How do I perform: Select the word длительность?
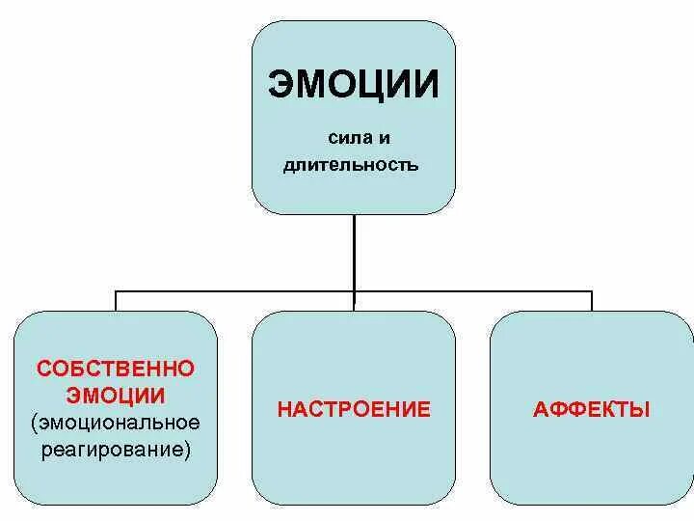click(x=351, y=165)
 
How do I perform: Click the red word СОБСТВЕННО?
click(x=116, y=369)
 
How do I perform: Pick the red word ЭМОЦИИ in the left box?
click(x=116, y=395)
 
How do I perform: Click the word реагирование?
click(x=113, y=449)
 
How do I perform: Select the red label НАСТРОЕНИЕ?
click(x=354, y=409)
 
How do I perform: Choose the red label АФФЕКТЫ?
click(x=592, y=409)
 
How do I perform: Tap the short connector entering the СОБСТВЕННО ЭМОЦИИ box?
click(x=117, y=300)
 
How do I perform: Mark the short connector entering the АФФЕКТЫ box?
click(x=592, y=300)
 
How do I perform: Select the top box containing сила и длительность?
click(x=354, y=193)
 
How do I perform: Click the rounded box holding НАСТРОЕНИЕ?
click(x=354, y=463)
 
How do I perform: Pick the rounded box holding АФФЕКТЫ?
click(x=592, y=463)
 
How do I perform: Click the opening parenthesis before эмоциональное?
click(x=35, y=423)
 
